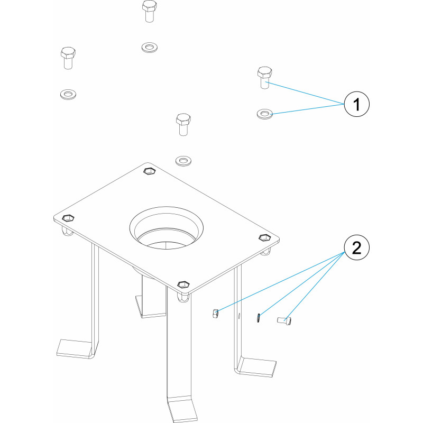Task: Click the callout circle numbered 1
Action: pyautogui.click(x=356, y=104)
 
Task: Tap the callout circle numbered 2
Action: pyautogui.click(x=356, y=247)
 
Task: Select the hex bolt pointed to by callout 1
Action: pyautogui.click(x=265, y=78)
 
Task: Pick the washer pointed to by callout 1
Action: pyautogui.click(x=265, y=114)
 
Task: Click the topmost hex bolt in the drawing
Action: pyautogui.click(x=150, y=11)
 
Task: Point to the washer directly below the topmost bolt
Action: pyautogui.click(x=150, y=48)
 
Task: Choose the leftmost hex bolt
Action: pyautogui.click(x=68, y=58)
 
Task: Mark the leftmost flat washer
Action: pyautogui.click(x=68, y=95)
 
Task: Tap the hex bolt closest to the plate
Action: pyautogui.click(x=183, y=124)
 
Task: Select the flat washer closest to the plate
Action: pyautogui.click(x=183, y=161)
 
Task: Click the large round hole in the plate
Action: pyautogui.click(x=167, y=228)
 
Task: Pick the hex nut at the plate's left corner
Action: pyautogui.click(x=68, y=218)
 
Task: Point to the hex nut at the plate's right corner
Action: pyautogui.click(x=265, y=237)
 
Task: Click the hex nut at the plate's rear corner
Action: pyautogui.click(x=149, y=171)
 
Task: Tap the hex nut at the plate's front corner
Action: pyautogui.click(x=183, y=284)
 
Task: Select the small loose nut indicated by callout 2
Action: pyautogui.click(x=215, y=314)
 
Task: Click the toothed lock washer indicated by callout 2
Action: pyautogui.click(x=258, y=318)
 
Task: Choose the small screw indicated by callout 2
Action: pyautogui.click(x=284, y=321)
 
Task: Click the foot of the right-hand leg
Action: pyautogui.click(x=256, y=366)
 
